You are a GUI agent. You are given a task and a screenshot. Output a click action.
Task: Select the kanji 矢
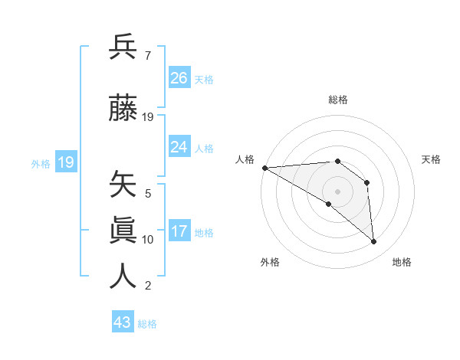123,185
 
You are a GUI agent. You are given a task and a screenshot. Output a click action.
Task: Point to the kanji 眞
123,231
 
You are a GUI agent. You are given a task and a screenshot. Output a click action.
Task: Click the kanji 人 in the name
123,277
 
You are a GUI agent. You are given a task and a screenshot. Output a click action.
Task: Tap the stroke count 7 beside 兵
147,56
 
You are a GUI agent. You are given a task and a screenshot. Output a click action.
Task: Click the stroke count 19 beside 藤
148,117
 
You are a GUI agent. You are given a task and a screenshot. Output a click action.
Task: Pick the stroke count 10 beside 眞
148,240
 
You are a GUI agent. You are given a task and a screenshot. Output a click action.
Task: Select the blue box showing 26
179,78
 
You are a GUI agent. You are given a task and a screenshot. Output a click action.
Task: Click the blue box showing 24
179,147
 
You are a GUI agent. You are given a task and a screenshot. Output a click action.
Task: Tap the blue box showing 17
179,231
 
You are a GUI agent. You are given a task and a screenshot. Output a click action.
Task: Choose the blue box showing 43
123,322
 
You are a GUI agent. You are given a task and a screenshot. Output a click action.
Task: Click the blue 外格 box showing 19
65,162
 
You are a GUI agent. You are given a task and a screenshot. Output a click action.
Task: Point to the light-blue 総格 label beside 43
147,324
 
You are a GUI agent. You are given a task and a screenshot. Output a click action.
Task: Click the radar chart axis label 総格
337,100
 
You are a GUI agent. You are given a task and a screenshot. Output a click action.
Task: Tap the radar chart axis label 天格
432,159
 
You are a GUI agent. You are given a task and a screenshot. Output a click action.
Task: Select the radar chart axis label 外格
270,262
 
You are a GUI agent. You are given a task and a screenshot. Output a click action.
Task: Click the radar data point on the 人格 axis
264,168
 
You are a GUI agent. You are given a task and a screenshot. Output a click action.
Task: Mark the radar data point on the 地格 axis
374,242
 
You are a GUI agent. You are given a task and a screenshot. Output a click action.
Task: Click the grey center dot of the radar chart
337,191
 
